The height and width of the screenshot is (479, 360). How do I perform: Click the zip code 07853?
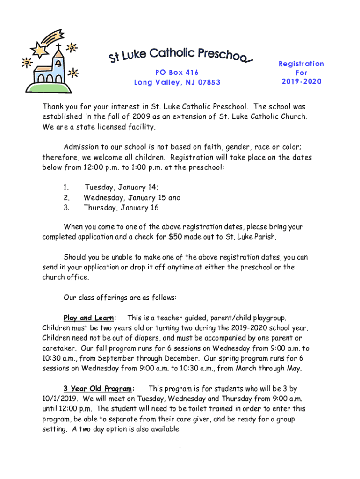point(209,83)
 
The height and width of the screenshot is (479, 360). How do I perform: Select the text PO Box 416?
point(177,72)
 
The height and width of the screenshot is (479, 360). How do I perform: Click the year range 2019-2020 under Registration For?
point(302,81)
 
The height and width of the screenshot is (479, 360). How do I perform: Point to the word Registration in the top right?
point(302,64)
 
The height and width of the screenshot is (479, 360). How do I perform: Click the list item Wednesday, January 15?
point(125,197)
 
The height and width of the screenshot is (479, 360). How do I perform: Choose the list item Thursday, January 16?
point(121,207)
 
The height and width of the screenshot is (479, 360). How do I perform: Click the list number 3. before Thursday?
point(66,207)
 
